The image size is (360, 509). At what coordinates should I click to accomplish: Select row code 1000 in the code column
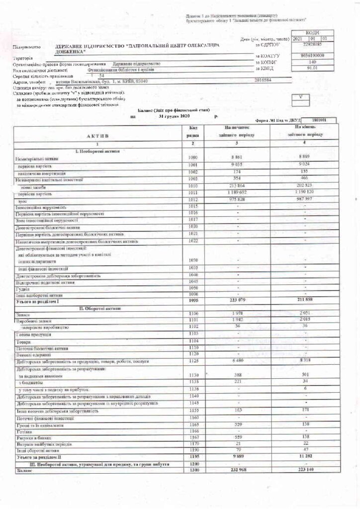pos(192,158)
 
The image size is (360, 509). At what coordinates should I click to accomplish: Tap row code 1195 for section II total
pos(192,456)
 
